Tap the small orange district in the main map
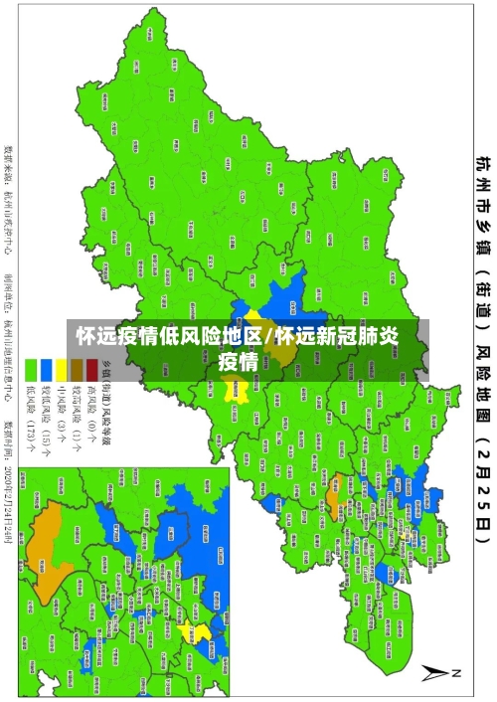tap(334, 460)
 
